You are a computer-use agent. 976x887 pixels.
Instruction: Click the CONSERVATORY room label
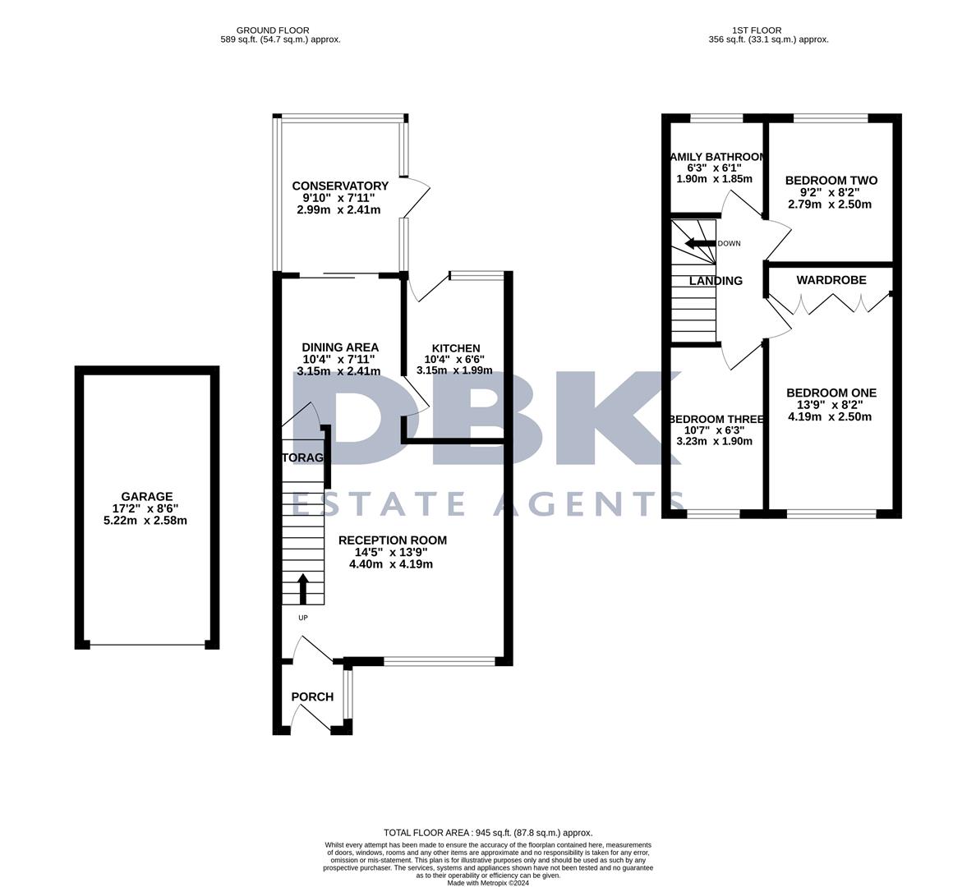pos(339,186)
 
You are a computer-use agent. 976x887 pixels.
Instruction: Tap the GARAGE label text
pos(146,496)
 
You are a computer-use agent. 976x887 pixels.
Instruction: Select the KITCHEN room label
pos(452,348)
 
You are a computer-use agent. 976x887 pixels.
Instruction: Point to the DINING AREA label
pos(339,347)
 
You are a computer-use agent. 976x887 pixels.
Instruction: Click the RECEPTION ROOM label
pos(392,540)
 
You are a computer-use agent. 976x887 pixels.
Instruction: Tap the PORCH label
pos(312,697)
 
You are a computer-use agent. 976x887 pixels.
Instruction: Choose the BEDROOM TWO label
pos(831,181)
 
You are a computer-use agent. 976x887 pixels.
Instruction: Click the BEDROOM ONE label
pos(831,393)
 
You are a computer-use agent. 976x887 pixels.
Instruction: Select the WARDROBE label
pos(831,280)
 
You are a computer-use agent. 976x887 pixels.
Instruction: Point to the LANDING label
pos(715,281)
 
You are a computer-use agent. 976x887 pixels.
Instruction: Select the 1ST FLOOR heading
pos(768,30)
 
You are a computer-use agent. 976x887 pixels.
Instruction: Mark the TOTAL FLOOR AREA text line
pos(487,832)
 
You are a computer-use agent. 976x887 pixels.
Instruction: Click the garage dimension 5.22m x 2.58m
pos(146,521)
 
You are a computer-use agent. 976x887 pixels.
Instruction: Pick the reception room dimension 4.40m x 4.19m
pos(392,564)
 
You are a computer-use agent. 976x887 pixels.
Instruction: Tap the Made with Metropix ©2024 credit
pos(487,883)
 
